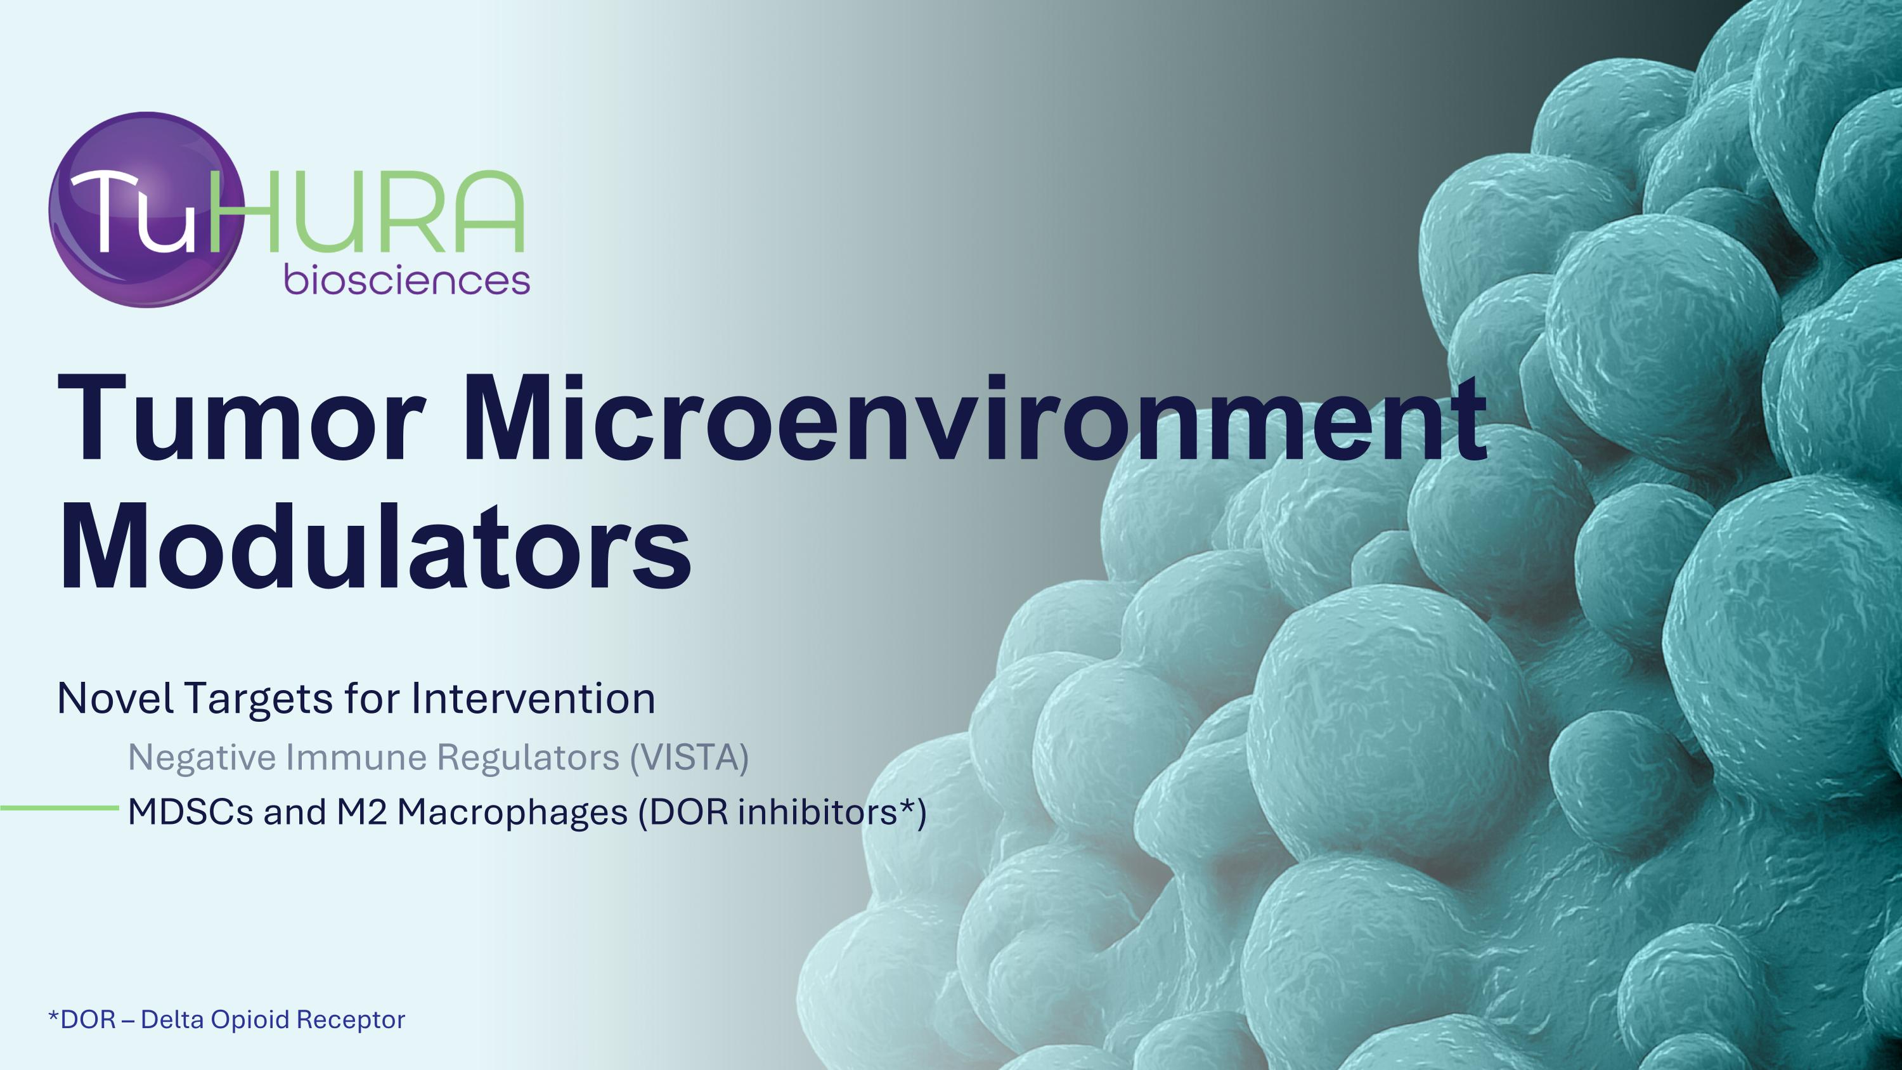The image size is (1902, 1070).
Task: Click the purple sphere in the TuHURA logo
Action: [x=146, y=210]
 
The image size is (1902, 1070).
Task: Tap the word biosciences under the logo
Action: [x=407, y=280]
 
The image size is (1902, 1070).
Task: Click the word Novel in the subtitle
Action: [x=116, y=698]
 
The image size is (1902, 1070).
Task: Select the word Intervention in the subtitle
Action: [x=533, y=698]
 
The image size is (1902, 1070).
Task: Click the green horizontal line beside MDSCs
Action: [x=59, y=808]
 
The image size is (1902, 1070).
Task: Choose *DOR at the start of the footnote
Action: [x=82, y=1020]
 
